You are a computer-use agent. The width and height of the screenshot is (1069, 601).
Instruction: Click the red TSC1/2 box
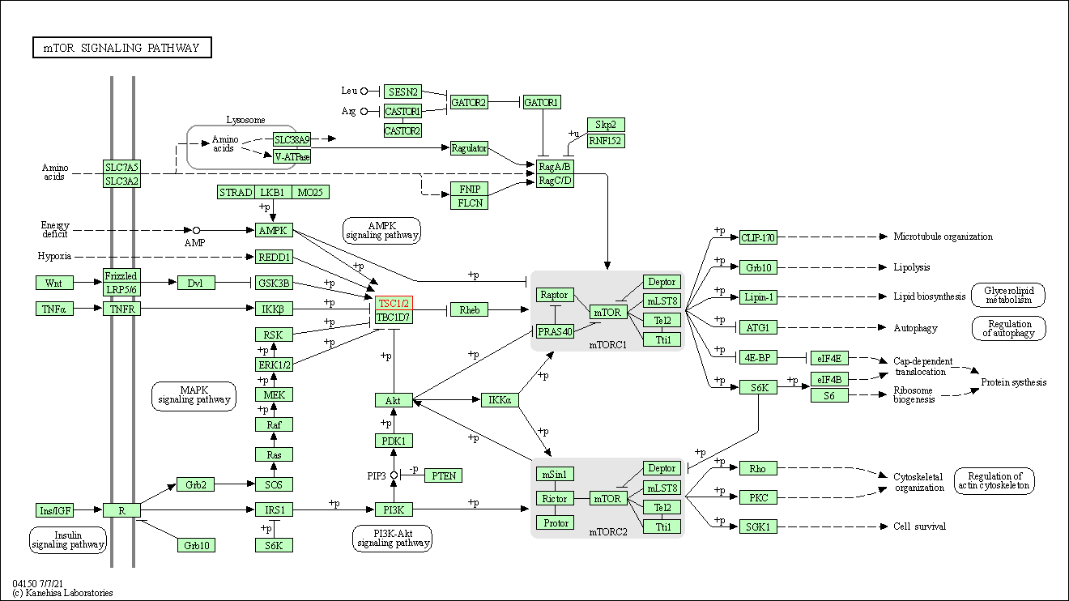394,302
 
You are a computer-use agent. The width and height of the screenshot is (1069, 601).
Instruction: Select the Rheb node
469,309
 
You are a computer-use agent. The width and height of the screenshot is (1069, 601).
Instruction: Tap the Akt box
394,400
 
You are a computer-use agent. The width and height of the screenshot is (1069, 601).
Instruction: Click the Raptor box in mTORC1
555,295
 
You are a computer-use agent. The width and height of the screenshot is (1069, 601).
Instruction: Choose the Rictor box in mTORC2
555,498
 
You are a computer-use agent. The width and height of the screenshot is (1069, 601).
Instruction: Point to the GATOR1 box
542,102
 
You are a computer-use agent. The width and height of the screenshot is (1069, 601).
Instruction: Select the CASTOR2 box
402,130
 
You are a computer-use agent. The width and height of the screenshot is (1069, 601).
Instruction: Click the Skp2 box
606,125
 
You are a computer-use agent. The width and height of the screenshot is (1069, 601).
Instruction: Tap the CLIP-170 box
758,237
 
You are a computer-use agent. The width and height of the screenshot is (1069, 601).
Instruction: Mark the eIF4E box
828,358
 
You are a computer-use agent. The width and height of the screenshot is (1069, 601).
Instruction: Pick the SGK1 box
758,526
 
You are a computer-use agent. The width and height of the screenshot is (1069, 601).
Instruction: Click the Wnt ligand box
54,283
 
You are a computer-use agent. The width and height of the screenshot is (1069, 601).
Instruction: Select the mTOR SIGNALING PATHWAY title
121,48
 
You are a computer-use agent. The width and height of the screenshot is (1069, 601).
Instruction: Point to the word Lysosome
245,120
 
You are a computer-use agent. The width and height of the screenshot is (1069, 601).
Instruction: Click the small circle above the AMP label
196,230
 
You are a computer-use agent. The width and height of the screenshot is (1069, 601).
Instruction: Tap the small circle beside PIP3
394,475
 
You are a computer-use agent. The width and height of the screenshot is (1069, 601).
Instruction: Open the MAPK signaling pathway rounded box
194,394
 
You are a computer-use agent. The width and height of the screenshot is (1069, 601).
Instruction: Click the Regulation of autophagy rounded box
1009,328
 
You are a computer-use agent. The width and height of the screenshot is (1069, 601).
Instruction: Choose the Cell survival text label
919,526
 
